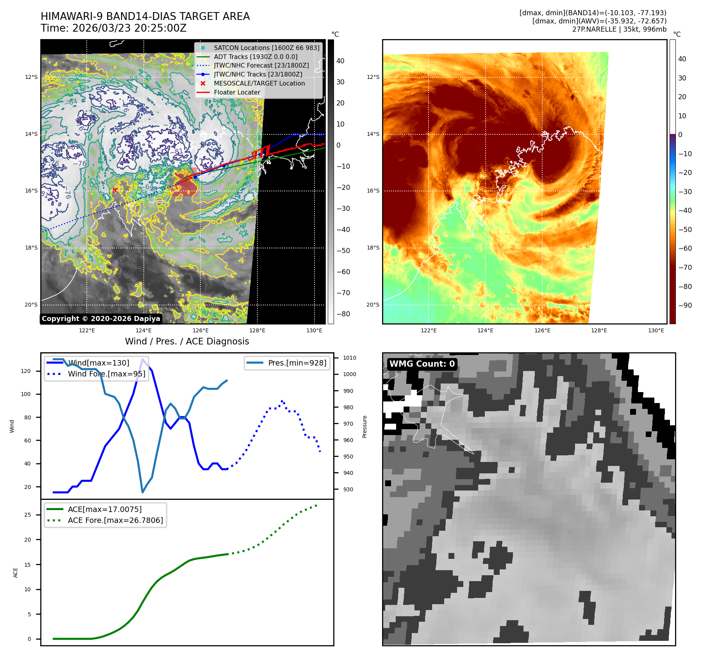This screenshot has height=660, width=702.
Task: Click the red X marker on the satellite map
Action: point(115,190)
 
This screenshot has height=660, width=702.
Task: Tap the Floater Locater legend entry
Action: point(237,92)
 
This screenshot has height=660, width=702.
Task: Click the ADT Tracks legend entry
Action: point(255,57)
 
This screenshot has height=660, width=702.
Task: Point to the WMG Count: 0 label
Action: point(422,364)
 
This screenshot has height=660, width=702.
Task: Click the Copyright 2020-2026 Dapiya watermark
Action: point(101,319)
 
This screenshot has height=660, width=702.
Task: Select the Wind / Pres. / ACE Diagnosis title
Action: point(187,341)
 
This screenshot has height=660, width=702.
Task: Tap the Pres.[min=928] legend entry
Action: point(297,363)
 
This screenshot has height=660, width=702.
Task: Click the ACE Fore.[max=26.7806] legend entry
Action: point(115,520)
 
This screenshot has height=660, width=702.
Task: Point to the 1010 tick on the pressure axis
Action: point(350,358)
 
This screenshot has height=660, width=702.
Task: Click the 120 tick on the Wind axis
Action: point(26,371)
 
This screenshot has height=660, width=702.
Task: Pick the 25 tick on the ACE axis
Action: point(27,515)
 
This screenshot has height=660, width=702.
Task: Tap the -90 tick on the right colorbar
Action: point(685,305)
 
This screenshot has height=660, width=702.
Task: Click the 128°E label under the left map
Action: point(257,330)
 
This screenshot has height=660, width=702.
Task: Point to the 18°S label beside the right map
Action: point(373,248)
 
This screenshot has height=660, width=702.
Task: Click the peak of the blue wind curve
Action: point(143,359)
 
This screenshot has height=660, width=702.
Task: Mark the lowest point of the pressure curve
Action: point(143,492)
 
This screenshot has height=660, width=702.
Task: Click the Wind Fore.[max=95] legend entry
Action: point(106,374)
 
